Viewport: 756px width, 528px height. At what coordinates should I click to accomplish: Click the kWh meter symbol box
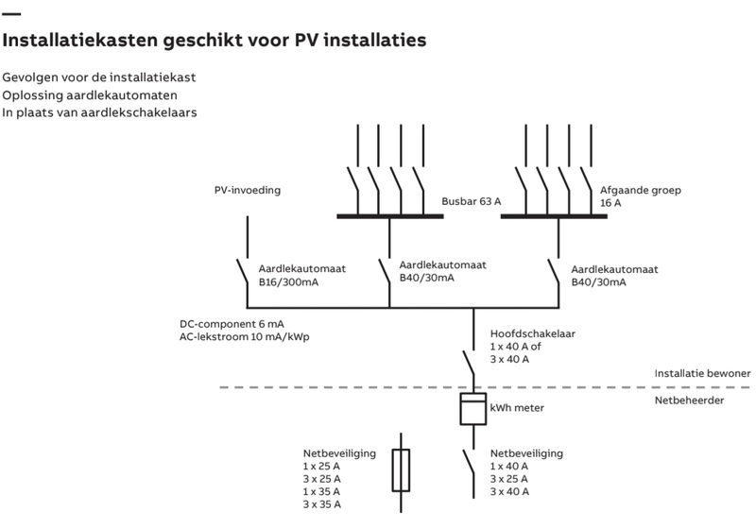472,408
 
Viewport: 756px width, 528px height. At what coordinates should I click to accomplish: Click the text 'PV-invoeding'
248,191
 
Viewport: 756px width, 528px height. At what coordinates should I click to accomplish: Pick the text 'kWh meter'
517,408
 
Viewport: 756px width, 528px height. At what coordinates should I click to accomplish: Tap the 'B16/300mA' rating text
289,281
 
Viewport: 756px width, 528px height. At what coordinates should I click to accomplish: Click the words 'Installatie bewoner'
702,373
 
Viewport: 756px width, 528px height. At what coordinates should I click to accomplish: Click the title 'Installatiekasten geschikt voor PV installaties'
215,41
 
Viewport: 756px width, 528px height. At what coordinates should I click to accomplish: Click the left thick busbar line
390,216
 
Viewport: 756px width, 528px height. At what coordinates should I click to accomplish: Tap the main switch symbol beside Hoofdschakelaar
469,362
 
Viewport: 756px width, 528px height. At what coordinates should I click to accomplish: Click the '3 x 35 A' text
322,504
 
